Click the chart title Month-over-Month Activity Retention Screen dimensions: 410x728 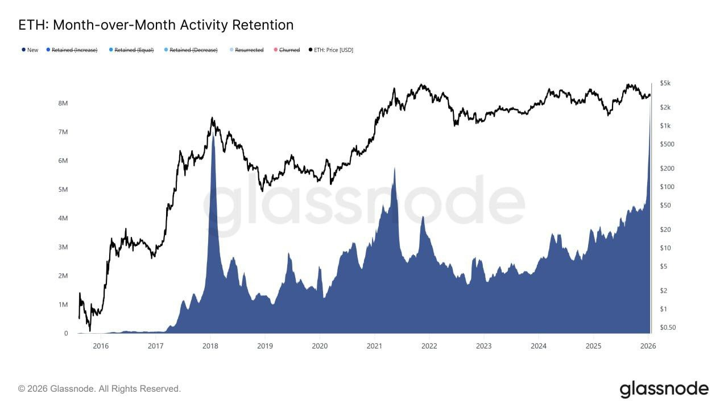point(156,25)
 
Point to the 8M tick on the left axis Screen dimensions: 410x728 point(63,104)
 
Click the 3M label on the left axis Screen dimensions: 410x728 point(63,247)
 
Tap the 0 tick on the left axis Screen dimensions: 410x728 point(66,334)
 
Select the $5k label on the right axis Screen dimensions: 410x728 point(665,83)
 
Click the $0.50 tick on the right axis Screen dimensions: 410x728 point(668,327)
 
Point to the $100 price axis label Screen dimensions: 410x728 point(667,187)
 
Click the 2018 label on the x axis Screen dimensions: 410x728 point(210,346)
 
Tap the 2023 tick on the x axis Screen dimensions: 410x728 point(484,346)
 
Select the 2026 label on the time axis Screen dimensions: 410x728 point(648,346)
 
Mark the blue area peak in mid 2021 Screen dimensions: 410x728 point(394,169)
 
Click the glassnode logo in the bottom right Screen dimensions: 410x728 point(664,389)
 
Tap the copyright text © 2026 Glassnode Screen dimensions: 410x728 point(100,389)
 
